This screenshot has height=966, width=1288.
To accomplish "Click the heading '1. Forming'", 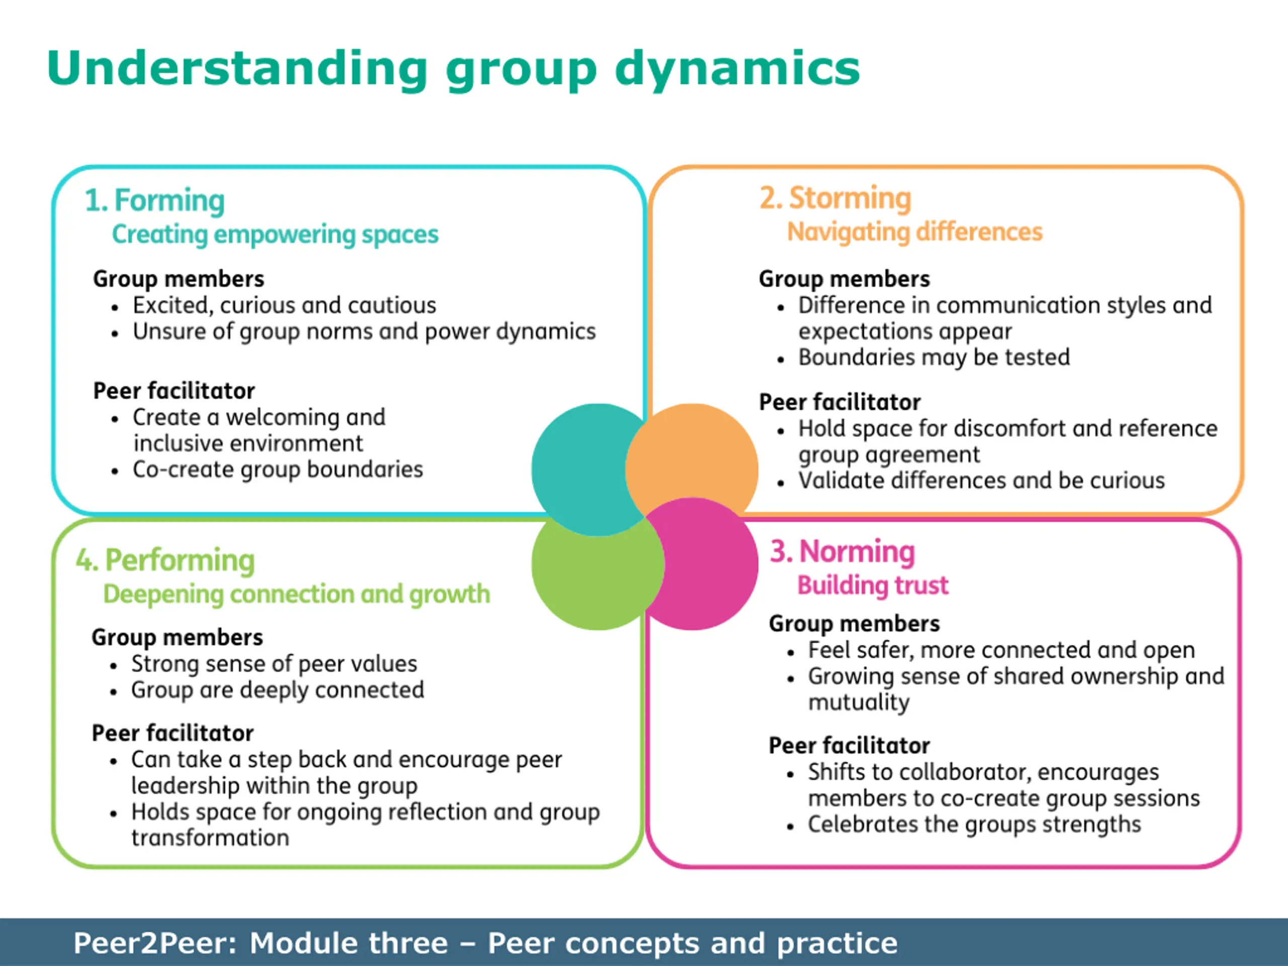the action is point(154,200).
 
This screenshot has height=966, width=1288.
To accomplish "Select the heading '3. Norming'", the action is point(842,551).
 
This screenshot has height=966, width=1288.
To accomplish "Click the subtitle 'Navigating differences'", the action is point(914,232).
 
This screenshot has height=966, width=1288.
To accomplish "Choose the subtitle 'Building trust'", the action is point(872,585).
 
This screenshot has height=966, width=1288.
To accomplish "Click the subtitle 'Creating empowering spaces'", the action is point(275,234).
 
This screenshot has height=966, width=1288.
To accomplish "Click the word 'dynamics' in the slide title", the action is point(737,69).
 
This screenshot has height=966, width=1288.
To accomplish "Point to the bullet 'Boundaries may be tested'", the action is point(934,357).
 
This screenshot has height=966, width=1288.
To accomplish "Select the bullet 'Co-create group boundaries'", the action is point(278,469).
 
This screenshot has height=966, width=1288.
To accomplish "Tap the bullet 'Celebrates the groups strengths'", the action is point(974,825).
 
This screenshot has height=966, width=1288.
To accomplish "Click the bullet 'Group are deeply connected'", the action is point(277,690).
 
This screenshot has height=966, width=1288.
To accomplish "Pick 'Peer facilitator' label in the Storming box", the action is point(840,403).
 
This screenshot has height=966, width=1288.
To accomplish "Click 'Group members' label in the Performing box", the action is point(177,637).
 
